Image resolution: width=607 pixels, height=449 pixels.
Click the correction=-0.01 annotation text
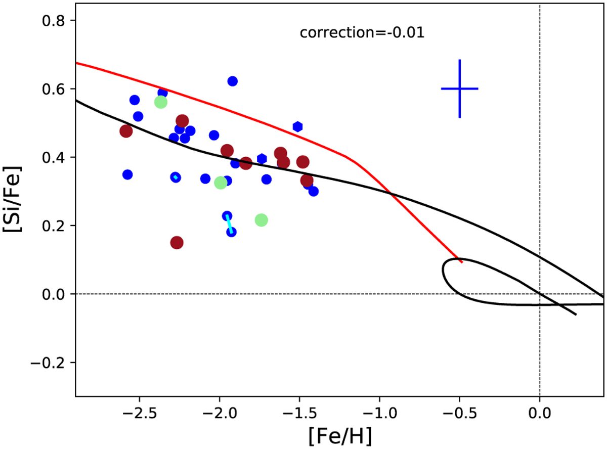[362, 33]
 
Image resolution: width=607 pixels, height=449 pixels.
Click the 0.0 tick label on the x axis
[539, 414]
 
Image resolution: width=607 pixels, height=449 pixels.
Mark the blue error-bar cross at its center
[459, 88]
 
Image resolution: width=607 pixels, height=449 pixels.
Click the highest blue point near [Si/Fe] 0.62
[232, 81]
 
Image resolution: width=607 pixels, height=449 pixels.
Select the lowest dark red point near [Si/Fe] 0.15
[177, 243]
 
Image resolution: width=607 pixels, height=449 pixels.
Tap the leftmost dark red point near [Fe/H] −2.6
[126, 131]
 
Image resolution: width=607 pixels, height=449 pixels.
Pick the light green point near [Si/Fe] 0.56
[161, 102]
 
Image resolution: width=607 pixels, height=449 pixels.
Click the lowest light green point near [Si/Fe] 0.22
[261, 220]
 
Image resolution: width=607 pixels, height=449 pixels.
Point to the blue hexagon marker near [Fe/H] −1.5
[297, 126]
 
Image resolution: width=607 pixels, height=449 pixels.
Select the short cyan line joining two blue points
[229, 224]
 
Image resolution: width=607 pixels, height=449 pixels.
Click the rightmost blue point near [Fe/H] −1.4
[314, 191]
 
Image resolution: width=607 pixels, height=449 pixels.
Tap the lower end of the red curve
[461, 262]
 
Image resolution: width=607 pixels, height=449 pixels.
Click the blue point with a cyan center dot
[176, 177]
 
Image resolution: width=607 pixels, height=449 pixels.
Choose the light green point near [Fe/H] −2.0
[220, 183]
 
